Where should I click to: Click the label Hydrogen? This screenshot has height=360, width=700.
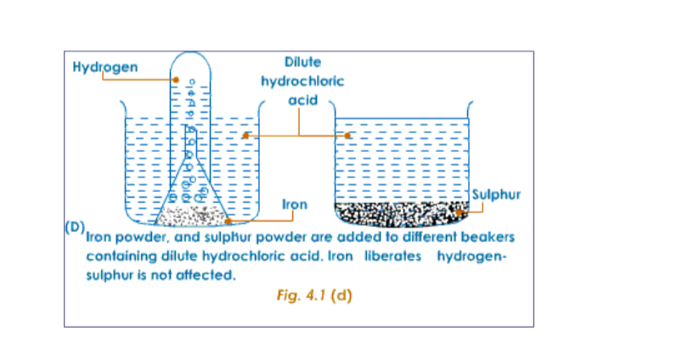click(x=105, y=66)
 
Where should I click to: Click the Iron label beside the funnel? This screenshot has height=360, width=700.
click(x=294, y=205)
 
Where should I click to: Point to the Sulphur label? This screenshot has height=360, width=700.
click(x=495, y=195)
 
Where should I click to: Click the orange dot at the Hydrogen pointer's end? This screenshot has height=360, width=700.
click(x=176, y=80)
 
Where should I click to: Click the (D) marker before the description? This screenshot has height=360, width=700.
click(x=75, y=228)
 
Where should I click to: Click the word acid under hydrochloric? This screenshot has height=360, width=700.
click(x=302, y=100)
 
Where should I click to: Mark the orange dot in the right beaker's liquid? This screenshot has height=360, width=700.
click(x=347, y=135)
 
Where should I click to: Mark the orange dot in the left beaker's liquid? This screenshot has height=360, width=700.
click(x=246, y=135)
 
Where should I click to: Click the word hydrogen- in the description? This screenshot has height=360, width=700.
click(x=471, y=256)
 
